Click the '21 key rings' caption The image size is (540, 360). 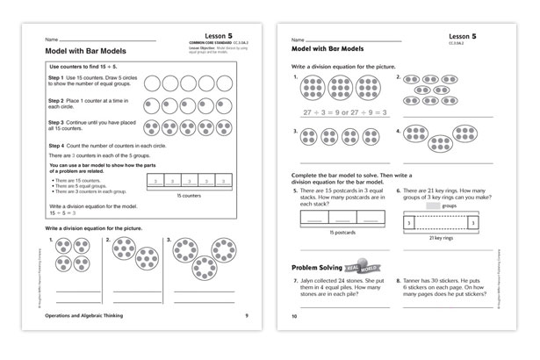(452, 238)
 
